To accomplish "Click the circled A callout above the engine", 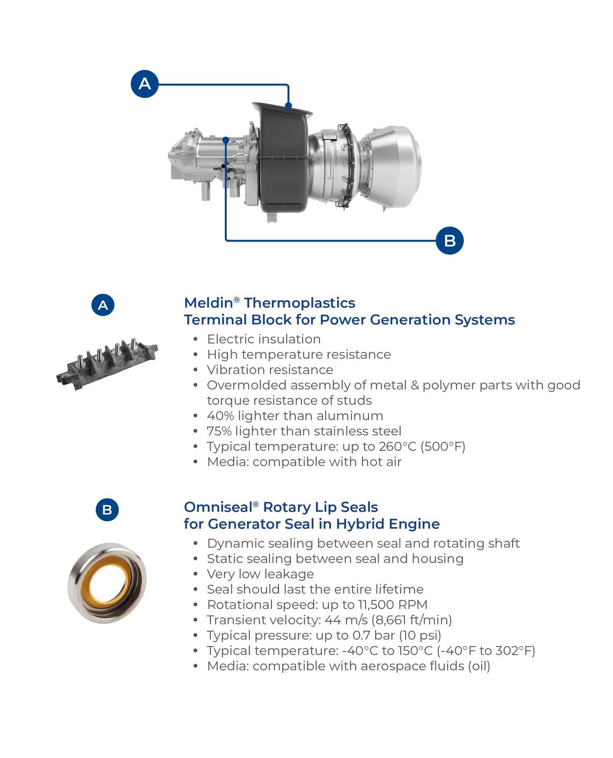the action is click(144, 84).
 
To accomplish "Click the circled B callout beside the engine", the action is click(450, 240).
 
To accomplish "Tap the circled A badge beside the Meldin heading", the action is click(103, 305).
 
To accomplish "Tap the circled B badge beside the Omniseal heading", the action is click(107, 509).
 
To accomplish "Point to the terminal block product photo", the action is click(106, 364).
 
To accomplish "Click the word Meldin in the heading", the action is click(208, 303).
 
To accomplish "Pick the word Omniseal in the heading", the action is click(218, 507).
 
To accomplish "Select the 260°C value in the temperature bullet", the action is click(397, 447).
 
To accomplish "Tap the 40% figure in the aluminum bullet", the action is click(220, 416).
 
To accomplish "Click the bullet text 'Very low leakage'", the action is click(260, 574).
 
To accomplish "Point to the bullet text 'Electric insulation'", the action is click(264, 339).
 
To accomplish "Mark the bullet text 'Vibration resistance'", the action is click(270, 370).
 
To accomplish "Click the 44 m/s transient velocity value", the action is click(347, 620).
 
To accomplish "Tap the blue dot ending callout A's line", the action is click(288, 105).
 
